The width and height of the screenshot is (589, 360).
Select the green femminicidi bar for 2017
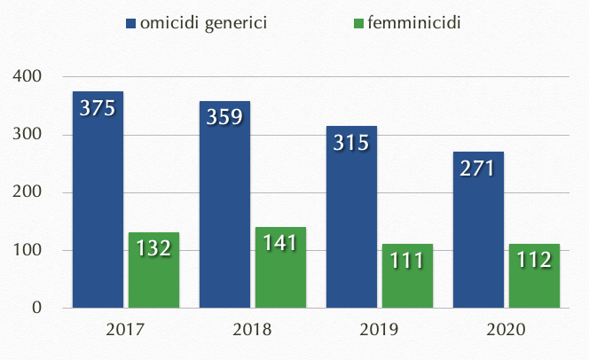pos(153,270)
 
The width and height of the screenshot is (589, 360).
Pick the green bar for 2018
pos(280,268)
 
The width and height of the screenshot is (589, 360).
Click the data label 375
pos(98,108)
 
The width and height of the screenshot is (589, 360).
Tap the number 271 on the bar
pos(478,168)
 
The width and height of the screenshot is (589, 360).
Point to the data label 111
pos(407,261)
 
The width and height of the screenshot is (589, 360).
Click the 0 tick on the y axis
pos(37,309)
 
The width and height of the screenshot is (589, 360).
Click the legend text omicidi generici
pos(203,22)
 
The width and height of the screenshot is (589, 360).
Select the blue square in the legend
pos(131,23)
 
